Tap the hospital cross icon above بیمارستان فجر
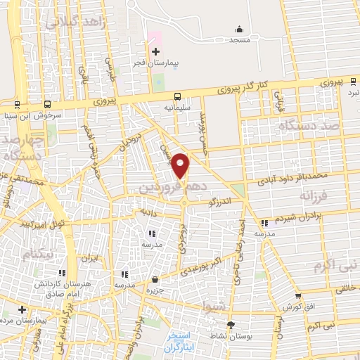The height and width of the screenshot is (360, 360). click(x=155, y=51)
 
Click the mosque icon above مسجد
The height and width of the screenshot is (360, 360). click(x=240, y=29)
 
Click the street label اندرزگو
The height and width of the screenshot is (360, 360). click(x=220, y=202)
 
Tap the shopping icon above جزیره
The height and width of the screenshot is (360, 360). click(x=155, y=280)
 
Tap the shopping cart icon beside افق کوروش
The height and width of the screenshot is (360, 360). click(x=299, y=296)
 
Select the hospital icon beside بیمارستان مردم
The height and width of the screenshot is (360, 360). click(x=22, y=309)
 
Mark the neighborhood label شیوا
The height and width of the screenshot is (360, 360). click(x=214, y=307)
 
